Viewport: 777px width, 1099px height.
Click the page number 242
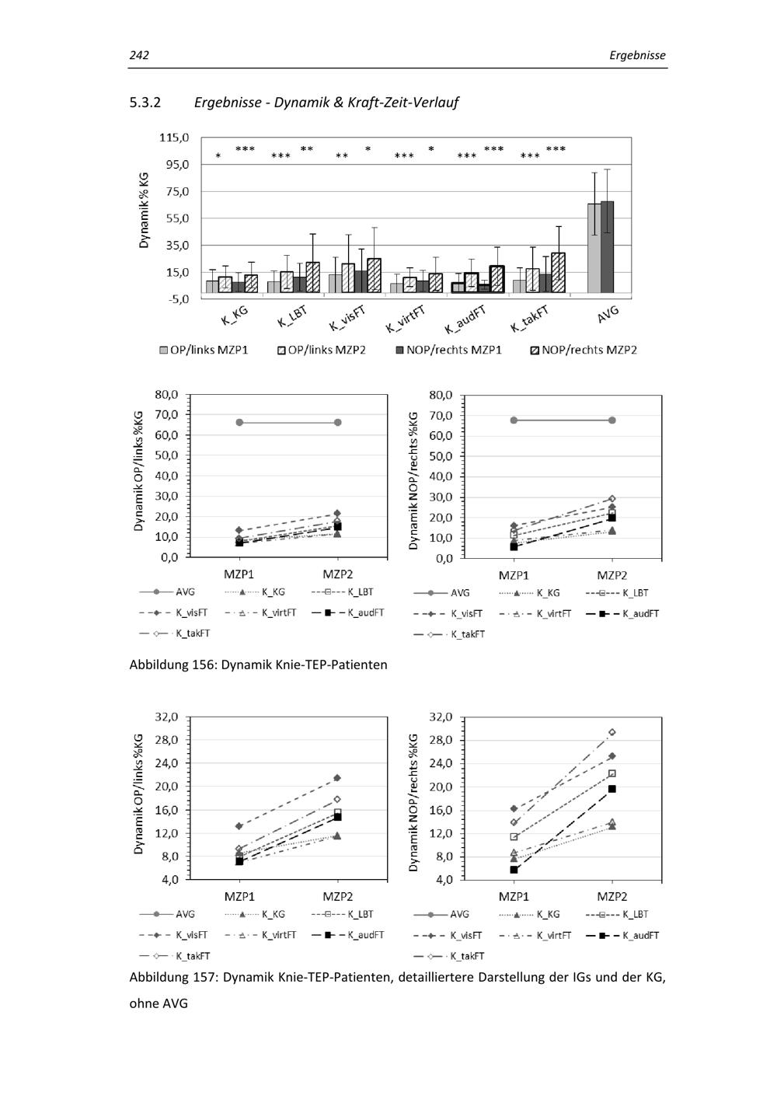[139, 55]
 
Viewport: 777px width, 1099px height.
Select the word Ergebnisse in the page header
[637, 55]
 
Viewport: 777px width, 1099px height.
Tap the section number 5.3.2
[145, 102]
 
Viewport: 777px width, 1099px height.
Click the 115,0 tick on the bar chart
[175, 138]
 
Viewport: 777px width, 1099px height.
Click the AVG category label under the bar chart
[608, 315]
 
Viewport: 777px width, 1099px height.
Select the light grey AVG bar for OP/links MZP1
[594, 248]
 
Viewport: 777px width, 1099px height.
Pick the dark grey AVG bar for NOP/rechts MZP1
[607, 246]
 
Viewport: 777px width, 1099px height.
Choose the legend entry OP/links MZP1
[204, 350]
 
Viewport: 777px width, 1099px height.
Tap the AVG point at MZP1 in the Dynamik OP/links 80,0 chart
[239, 422]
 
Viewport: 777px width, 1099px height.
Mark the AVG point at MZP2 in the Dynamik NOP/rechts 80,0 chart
[612, 420]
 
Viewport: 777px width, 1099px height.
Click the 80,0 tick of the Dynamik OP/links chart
[167, 394]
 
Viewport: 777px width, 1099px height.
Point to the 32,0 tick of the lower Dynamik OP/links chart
[167, 716]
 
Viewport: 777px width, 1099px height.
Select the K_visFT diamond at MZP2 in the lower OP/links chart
[337, 778]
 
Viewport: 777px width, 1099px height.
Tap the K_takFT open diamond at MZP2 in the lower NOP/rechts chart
[612, 732]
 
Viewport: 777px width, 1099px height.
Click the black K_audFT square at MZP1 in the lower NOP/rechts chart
[514, 870]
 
